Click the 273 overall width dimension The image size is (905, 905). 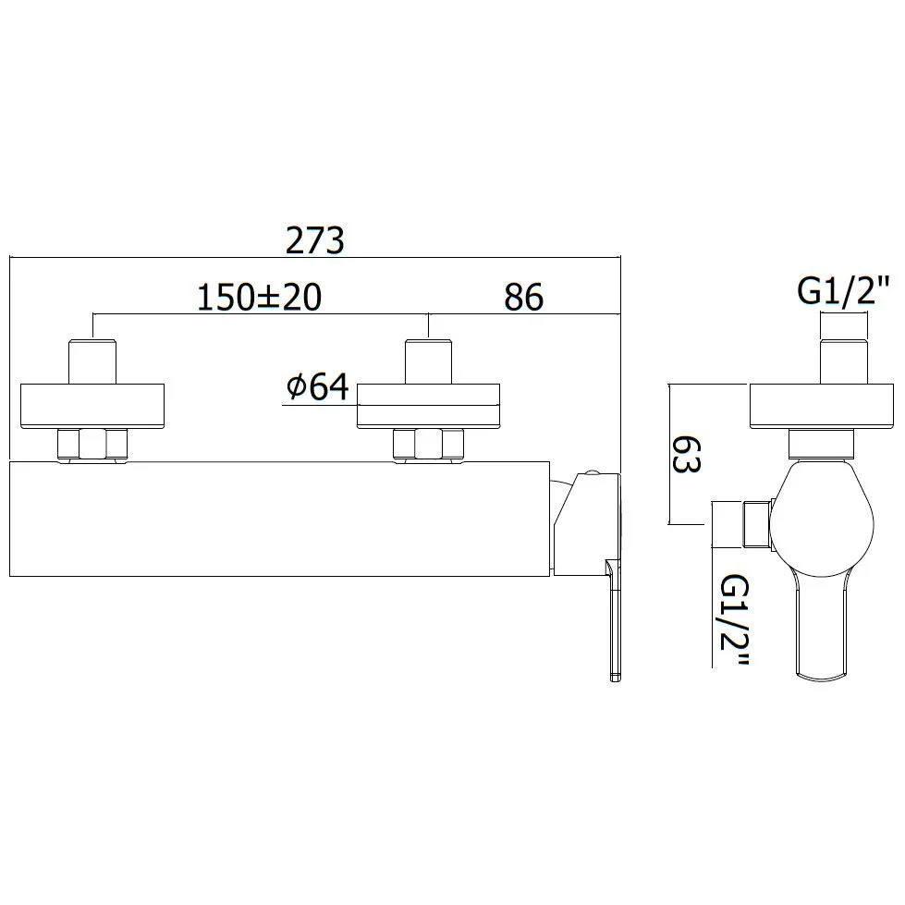tap(315, 239)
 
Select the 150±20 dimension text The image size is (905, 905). tap(259, 297)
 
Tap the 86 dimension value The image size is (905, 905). tap(523, 297)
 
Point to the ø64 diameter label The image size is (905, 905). tap(318, 386)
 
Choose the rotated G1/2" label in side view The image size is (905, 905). tap(735, 619)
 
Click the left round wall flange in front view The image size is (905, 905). tap(92, 407)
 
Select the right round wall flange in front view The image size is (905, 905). tap(428, 407)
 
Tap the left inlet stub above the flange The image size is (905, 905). tap(92, 361)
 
